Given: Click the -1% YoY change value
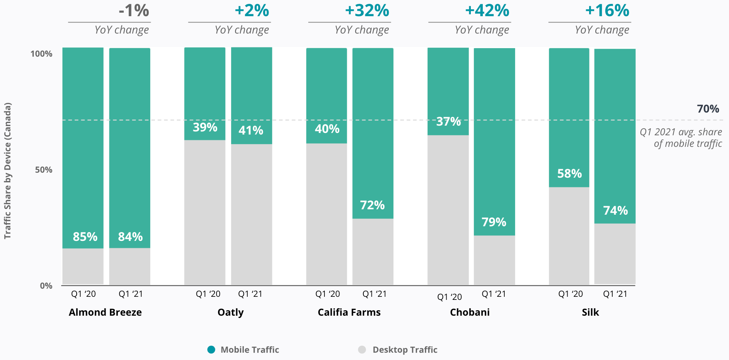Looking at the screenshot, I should (134, 10).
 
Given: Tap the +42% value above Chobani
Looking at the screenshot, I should (487, 10).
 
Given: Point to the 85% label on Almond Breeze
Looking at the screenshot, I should (85, 236).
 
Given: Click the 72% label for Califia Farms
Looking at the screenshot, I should (372, 205).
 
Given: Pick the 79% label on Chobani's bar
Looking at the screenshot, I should (494, 222).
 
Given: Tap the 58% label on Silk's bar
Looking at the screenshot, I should (569, 173).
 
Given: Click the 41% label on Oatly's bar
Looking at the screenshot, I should (251, 130).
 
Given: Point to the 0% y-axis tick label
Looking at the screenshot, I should (46, 286).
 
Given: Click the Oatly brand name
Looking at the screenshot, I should (230, 312).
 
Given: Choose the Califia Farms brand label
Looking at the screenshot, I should (349, 312).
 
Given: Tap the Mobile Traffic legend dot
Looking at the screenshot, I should (211, 350).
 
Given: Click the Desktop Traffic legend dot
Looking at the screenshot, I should (362, 350).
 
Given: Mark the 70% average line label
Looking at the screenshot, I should (708, 109).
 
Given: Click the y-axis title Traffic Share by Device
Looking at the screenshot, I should (8, 170).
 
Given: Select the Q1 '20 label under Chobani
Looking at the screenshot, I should (449, 297).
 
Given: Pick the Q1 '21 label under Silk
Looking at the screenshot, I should (615, 294).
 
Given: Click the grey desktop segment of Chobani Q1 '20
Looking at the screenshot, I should (448, 210).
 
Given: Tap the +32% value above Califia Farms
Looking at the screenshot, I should (367, 10).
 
